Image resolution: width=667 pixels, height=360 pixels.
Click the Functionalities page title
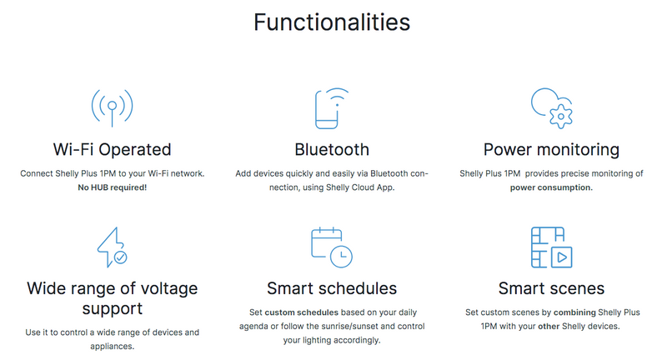coord(332,22)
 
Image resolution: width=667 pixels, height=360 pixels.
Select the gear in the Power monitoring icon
coord(561,117)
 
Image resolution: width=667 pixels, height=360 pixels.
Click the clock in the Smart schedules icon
coord(342,257)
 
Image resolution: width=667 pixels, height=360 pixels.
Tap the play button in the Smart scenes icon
coord(562,257)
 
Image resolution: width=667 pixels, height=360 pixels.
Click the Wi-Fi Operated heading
coord(113,150)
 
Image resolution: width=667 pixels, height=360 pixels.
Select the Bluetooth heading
coord(332,150)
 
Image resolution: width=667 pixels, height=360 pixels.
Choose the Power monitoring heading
coord(551,150)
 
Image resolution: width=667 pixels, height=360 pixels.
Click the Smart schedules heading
coord(332,288)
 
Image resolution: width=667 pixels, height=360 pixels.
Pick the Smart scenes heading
coord(551,288)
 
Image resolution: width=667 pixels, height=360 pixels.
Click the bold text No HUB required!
coord(113,187)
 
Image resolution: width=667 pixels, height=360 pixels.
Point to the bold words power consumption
coord(551,187)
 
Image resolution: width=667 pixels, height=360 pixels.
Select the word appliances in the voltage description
coord(113,347)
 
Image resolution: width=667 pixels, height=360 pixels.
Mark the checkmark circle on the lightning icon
coord(120,257)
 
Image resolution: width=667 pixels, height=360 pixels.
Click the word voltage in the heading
coord(169,289)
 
